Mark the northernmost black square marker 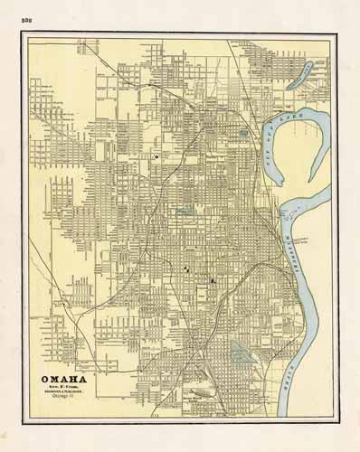(x=156, y=157)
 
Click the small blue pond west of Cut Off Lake (x=245, y=137)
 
